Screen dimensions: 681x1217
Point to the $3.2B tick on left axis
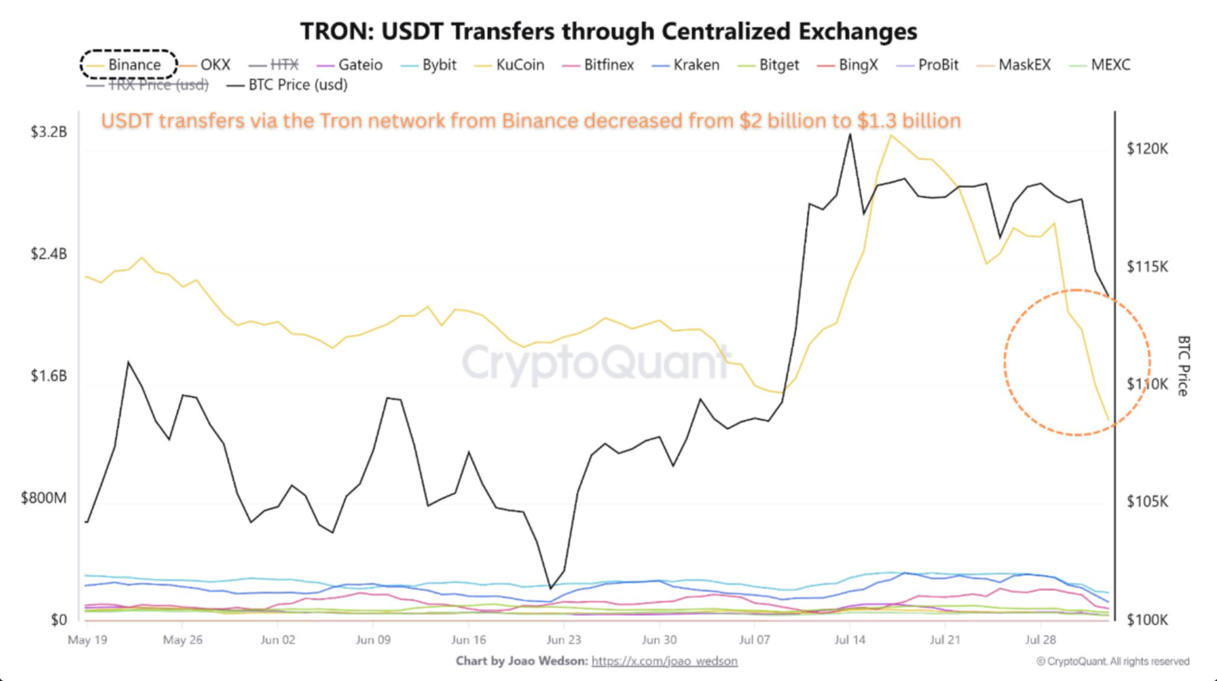49,132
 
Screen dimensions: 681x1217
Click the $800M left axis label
44,498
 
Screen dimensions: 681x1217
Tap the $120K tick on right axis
1147,149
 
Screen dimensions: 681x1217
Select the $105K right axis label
1147,502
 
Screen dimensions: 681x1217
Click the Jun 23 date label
564,640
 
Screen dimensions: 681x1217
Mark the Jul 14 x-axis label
850,640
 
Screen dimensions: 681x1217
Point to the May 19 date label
87,640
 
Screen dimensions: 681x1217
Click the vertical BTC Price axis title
1183,365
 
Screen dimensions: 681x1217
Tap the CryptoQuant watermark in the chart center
595,362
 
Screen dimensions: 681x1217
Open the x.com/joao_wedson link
664,661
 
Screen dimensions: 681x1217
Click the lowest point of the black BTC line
551,588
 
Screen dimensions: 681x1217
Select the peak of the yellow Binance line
891,135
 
